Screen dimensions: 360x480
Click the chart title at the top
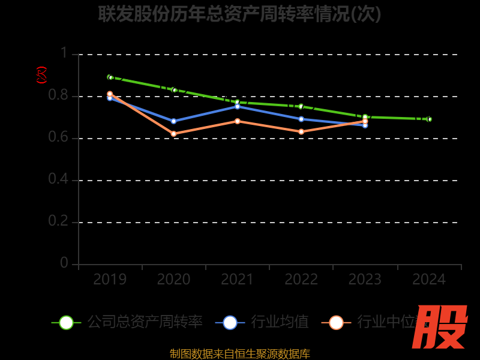[x=240, y=14]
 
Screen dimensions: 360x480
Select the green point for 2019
[x=110, y=77]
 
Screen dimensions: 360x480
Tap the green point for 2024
[x=429, y=119]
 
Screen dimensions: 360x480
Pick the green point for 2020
[x=174, y=90]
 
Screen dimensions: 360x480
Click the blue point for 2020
[x=173, y=121]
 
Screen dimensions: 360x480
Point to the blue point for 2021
[x=238, y=106]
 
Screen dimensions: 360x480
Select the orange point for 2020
[x=173, y=134]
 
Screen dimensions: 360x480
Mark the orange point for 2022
[x=301, y=131]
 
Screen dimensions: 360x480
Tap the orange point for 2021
[x=238, y=121]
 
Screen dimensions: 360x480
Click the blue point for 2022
[x=301, y=119]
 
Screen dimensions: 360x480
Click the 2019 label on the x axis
[x=110, y=280]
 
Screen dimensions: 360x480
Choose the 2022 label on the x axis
[x=301, y=280]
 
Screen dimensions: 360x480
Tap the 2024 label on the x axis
[x=429, y=280]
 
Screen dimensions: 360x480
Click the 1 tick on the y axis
[x=64, y=54]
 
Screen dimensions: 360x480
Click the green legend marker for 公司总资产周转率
[x=66, y=322]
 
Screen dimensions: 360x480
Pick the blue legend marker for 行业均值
[x=230, y=322]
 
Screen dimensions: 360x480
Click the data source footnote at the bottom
[x=240, y=353]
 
